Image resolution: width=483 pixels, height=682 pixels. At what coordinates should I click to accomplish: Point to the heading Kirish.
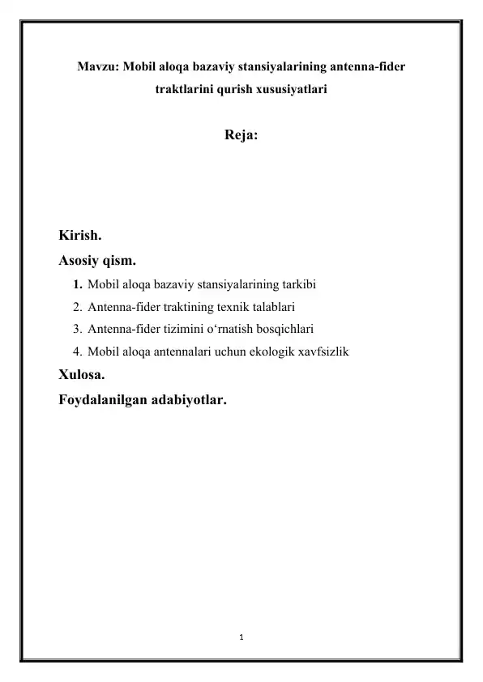click(79, 237)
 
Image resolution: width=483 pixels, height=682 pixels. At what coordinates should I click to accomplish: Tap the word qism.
click(120, 261)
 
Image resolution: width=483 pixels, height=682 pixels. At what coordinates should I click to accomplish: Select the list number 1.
click(77, 285)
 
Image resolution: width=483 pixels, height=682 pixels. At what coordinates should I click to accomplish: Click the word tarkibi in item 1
click(297, 285)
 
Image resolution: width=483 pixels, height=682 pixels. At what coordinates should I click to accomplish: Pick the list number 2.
click(77, 307)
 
